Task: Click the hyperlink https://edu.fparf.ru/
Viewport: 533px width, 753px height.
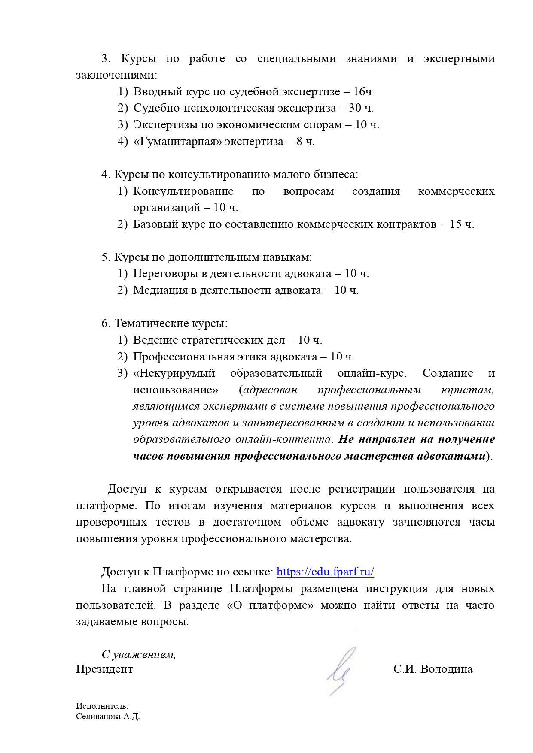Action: click(325, 572)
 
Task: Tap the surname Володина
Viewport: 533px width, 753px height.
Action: click(447, 669)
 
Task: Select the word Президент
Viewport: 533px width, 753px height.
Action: click(104, 669)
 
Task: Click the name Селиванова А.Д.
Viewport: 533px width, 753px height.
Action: click(108, 717)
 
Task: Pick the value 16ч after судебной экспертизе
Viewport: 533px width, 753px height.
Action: click(363, 91)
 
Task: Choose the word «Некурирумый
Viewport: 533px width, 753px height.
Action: click(174, 373)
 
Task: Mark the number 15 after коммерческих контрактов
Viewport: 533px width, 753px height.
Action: click(455, 224)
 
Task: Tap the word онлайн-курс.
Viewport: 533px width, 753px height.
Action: click(372, 373)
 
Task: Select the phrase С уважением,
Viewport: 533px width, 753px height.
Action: click(139, 654)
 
